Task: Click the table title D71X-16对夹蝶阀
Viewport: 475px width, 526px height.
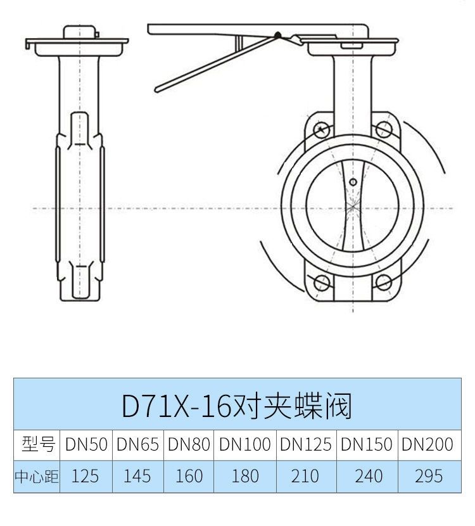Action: coord(237,406)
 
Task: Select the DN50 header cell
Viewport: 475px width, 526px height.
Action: coord(86,444)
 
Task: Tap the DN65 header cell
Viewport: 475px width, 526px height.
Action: coord(138,444)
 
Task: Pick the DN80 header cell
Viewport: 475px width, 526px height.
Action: coord(189,444)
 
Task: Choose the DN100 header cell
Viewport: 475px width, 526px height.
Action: coord(245,444)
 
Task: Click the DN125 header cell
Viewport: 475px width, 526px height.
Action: coord(306,444)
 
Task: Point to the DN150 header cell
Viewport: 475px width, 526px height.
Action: coord(367,444)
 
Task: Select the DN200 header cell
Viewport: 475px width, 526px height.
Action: coord(427,444)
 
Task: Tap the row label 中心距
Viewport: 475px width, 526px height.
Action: coord(37,477)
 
